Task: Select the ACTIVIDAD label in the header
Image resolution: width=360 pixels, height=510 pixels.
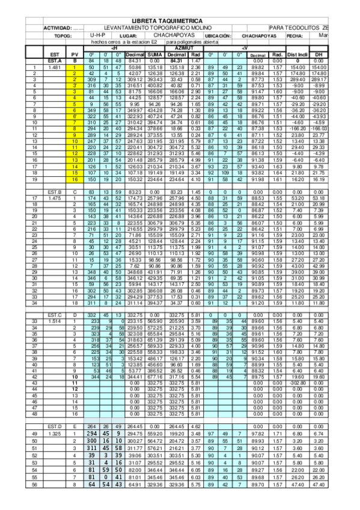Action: (x=58, y=28)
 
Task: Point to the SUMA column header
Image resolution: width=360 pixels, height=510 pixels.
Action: (x=155, y=54)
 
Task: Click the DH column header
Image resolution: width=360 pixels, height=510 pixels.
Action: (x=320, y=54)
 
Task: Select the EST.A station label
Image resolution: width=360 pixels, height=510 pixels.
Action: (x=54, y=61)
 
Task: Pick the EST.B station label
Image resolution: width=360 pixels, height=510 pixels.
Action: (x=54, y=191)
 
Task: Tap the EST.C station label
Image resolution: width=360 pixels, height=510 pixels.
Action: (x=54, y=315)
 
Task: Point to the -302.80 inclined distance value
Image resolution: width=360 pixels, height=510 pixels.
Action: (x=298, y=382)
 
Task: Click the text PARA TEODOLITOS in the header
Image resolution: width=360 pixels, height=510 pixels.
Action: (x=293, y=28)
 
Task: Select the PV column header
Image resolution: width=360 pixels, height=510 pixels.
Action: (x=75, y=54)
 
